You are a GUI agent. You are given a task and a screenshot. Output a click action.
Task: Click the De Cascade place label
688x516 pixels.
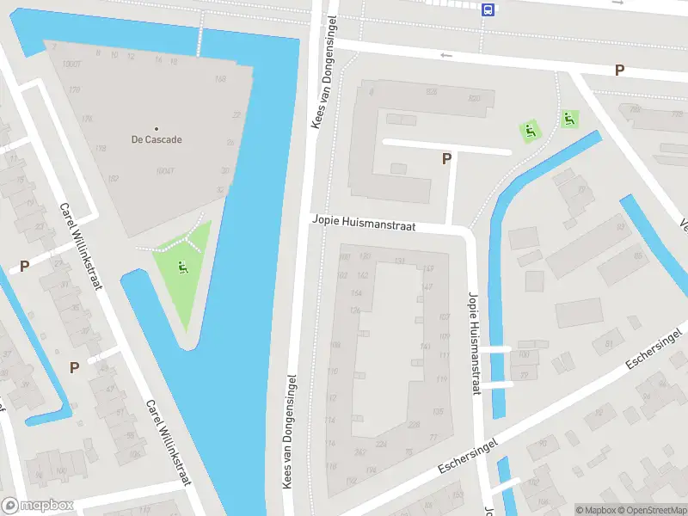point(157,139)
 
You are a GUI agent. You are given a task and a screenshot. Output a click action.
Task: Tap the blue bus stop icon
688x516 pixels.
point(488,10)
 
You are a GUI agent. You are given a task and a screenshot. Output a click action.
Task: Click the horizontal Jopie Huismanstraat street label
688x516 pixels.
point(364,225)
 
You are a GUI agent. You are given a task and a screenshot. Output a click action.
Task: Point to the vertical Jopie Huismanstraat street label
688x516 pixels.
point(473,343)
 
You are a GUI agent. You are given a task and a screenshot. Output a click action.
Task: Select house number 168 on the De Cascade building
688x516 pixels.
point(220,79)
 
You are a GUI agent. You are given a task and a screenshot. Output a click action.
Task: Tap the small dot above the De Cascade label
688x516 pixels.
point(157,128)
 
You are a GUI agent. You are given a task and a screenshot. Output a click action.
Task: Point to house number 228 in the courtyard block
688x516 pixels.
point(414,424)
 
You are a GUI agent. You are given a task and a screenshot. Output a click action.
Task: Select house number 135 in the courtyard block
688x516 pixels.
point(438,412)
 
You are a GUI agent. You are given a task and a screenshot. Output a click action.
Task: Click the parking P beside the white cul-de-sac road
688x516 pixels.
point(446,158)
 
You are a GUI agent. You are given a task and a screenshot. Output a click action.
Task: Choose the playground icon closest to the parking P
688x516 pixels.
point(530,132)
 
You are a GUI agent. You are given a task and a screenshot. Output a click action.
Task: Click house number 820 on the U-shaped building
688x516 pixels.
point(474,99)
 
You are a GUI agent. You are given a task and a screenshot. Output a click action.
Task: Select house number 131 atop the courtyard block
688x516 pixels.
point(399,261)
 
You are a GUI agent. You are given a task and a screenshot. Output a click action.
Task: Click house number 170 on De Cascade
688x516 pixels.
point(74,89)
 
